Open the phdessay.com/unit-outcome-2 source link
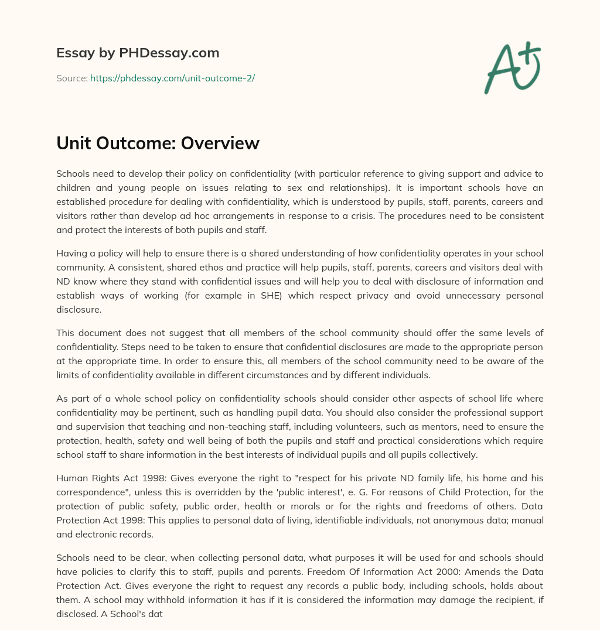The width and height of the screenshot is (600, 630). [172, 78]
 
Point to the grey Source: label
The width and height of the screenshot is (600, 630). [71, 78]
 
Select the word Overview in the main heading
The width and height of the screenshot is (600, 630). [221, 143]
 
